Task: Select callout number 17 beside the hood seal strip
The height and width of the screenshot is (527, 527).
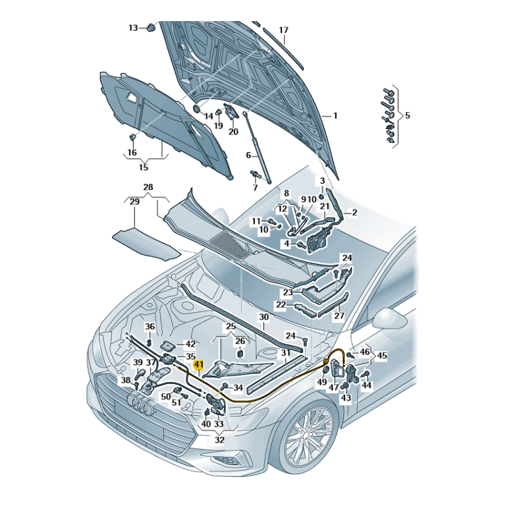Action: point(283,30)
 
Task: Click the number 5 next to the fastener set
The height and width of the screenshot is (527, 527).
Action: point(407,115)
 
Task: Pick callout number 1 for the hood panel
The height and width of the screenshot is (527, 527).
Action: point(335,115)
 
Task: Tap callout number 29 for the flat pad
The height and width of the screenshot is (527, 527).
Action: point(134,202)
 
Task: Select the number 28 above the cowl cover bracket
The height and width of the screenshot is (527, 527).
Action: point(148,188)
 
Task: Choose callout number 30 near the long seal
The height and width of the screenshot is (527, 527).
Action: point(263,317)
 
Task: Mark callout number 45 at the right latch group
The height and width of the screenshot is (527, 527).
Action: point(382,356)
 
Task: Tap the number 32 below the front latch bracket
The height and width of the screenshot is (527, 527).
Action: point(219,439)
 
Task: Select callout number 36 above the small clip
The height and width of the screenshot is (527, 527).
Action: point(150,327)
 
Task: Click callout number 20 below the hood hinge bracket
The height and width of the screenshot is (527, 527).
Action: point(233,131)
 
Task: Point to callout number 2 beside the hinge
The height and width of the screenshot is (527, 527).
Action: point(354,212)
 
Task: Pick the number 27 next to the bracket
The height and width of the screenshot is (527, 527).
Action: point(339,316)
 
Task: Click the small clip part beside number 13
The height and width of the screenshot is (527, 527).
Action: point(151,28)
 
